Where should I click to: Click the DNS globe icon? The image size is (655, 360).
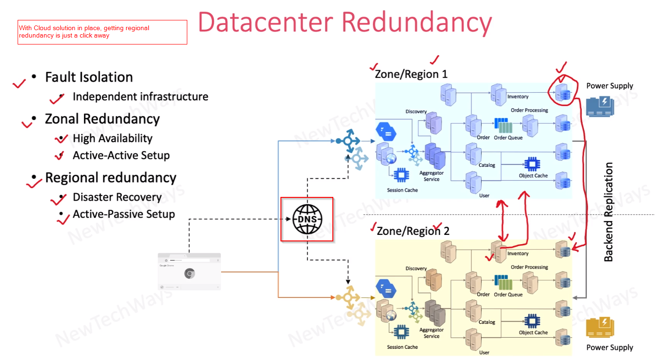(x=307, y=219)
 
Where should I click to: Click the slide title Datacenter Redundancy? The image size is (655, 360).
(x=344, y=23)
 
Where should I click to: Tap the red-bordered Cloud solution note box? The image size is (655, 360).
(x=102, y=32)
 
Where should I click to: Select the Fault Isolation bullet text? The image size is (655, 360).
(x=89, y=77)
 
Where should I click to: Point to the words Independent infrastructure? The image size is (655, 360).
(x=140, y=97)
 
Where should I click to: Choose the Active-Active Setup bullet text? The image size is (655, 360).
(x=121, y=156)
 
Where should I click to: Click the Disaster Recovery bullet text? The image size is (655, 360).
(x=117, y=197)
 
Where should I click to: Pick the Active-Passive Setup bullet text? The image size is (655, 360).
(x=124, y=215)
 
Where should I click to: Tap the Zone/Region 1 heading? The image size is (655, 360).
(x=411, y=74)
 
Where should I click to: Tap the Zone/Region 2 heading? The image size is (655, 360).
(x=413, y=231)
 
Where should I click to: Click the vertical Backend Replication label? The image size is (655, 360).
(x=608, y=212)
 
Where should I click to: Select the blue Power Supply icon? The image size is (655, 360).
(x=600, y=106)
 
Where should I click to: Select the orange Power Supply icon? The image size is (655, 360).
(x=600, y=327)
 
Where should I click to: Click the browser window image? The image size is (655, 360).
(x=189, y=272)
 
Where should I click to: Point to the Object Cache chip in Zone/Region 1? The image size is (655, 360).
(x=530, y=164)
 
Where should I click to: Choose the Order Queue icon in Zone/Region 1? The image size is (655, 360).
(x=503, y=126)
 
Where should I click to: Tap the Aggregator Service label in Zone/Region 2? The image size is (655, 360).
(x=431, y=333)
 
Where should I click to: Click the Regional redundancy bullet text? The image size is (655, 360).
(x=111, y=178)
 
